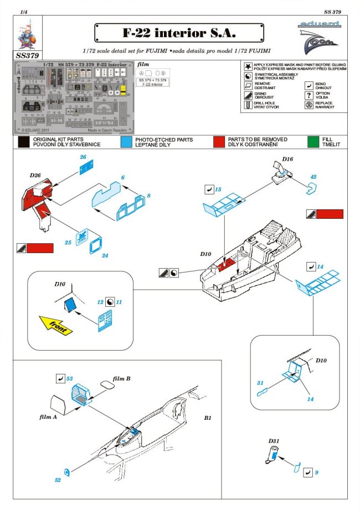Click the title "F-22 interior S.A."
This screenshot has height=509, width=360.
click(x=173, y=33)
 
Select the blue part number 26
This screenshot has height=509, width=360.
click(x=83, y=157)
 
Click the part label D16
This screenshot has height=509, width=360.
click(x=287, y=160)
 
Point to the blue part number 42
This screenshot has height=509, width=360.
click(x=313, y=177)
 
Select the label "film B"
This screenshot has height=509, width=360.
click(x=121, y=379)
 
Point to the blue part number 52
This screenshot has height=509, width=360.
click(x=58, y=480)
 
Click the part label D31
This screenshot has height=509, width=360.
click(x=273, y=441)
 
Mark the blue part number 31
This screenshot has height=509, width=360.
click(x=260, y=383)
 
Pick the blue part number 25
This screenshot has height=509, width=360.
click(x=68, y=243)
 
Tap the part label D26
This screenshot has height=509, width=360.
click(x=36, y=176)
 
